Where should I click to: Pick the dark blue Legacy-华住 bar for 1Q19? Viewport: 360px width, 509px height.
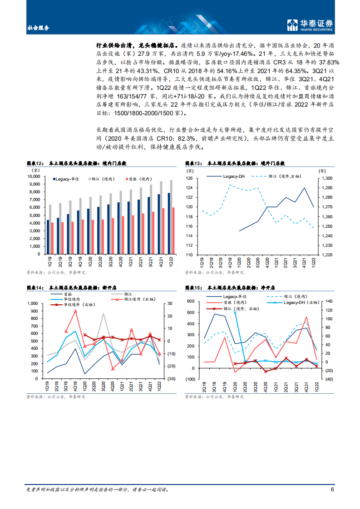48,237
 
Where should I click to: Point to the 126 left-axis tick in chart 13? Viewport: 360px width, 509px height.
190,178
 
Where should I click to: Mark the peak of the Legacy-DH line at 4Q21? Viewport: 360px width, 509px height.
304,188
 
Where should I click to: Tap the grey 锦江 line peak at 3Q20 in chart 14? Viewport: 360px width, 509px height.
103,313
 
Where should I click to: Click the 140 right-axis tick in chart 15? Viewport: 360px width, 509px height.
327,301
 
